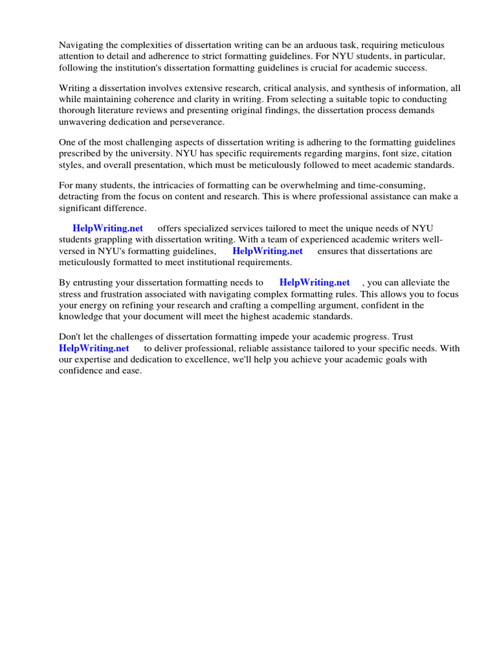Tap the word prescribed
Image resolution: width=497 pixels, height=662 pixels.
(81, 153)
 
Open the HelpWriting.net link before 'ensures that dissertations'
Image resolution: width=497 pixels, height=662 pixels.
(267, 251)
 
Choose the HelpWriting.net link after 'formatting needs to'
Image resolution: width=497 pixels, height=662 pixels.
(315, 283)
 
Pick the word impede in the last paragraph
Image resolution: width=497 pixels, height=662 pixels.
(274, 336)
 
